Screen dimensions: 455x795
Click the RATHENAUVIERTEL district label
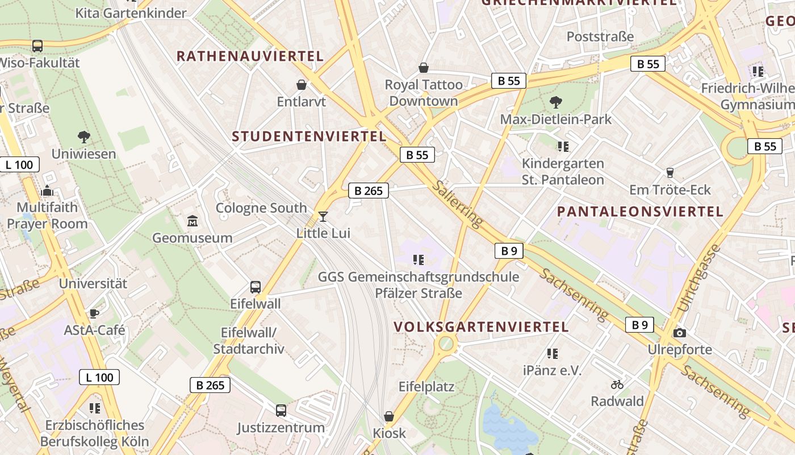pyautogui.click(x=250, y=56)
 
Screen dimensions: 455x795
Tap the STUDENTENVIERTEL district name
pyautogui.click(x=309, y=136)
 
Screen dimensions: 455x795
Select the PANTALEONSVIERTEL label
pyautogui.click(x=640, y=212)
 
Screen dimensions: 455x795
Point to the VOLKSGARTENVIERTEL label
pyautogui.click(x=481, y=327)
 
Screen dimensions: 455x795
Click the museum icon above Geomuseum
pyautogui.click(x=193, y=221)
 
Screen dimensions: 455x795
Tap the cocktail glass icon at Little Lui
pyautogui.click(x=323, y=216)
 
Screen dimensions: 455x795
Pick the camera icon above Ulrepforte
pyautogui.click(x=679, y=333)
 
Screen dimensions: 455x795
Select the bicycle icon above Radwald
pyautogui.click(x=617, y=384)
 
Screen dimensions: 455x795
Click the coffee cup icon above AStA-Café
pyautogui.click(x=94, y=313)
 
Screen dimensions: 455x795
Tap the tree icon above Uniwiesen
pyautogui.click(x=84, y=136)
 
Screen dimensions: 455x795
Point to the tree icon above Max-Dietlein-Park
pyautogui.click(x=555, y=102)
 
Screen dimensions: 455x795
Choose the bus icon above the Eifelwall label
pyautogui.click(x=256, y=287)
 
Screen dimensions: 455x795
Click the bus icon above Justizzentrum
pyautogui.click(x=281, y=410)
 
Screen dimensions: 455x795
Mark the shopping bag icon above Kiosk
pyautogui.click(x=389, y=416)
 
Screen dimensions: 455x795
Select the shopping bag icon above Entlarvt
pyautogui.click(x=302, y=85)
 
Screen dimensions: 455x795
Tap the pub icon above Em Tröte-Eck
pyautogui.click(x=670, y=172)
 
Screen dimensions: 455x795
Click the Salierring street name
pyautogui.click(x=457, y=203)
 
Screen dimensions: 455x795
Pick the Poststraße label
pyautogui.click(x=600, y=37)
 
